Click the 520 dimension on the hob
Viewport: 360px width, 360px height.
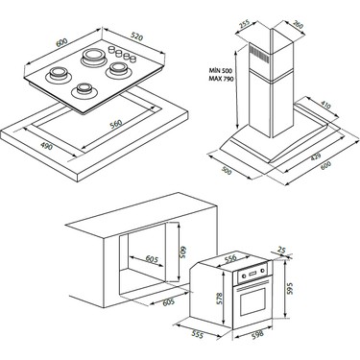(x=137, y=37)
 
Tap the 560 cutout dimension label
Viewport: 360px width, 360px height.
(x=116, y=124)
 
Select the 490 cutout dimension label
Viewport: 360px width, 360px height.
(x=47, y=146)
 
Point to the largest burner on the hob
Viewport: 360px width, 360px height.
(x=93, y=57)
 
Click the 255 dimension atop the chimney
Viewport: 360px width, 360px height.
(x=245, y=24)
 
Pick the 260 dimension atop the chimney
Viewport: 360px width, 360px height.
(x=298, y=25)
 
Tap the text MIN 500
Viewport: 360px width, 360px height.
(x=221, y=70)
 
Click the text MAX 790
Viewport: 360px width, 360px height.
(x=221, y=79)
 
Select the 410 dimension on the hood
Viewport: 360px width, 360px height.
(x=324, y=105)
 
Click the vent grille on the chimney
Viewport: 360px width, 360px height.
(x=258, y=52)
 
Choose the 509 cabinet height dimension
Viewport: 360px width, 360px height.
(x=183, y=253)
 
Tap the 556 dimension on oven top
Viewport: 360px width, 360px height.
(x=229, y=258)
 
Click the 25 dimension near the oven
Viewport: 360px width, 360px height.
(x=281, y=250)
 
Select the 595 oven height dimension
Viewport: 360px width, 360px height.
(x=290, y=289)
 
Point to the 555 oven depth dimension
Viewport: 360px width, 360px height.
(x=198, y=334)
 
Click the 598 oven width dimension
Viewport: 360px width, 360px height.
(x=257, y=335)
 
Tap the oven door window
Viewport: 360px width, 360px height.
(x=252, y=301)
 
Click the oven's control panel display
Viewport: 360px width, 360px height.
(x=252, y=274)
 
